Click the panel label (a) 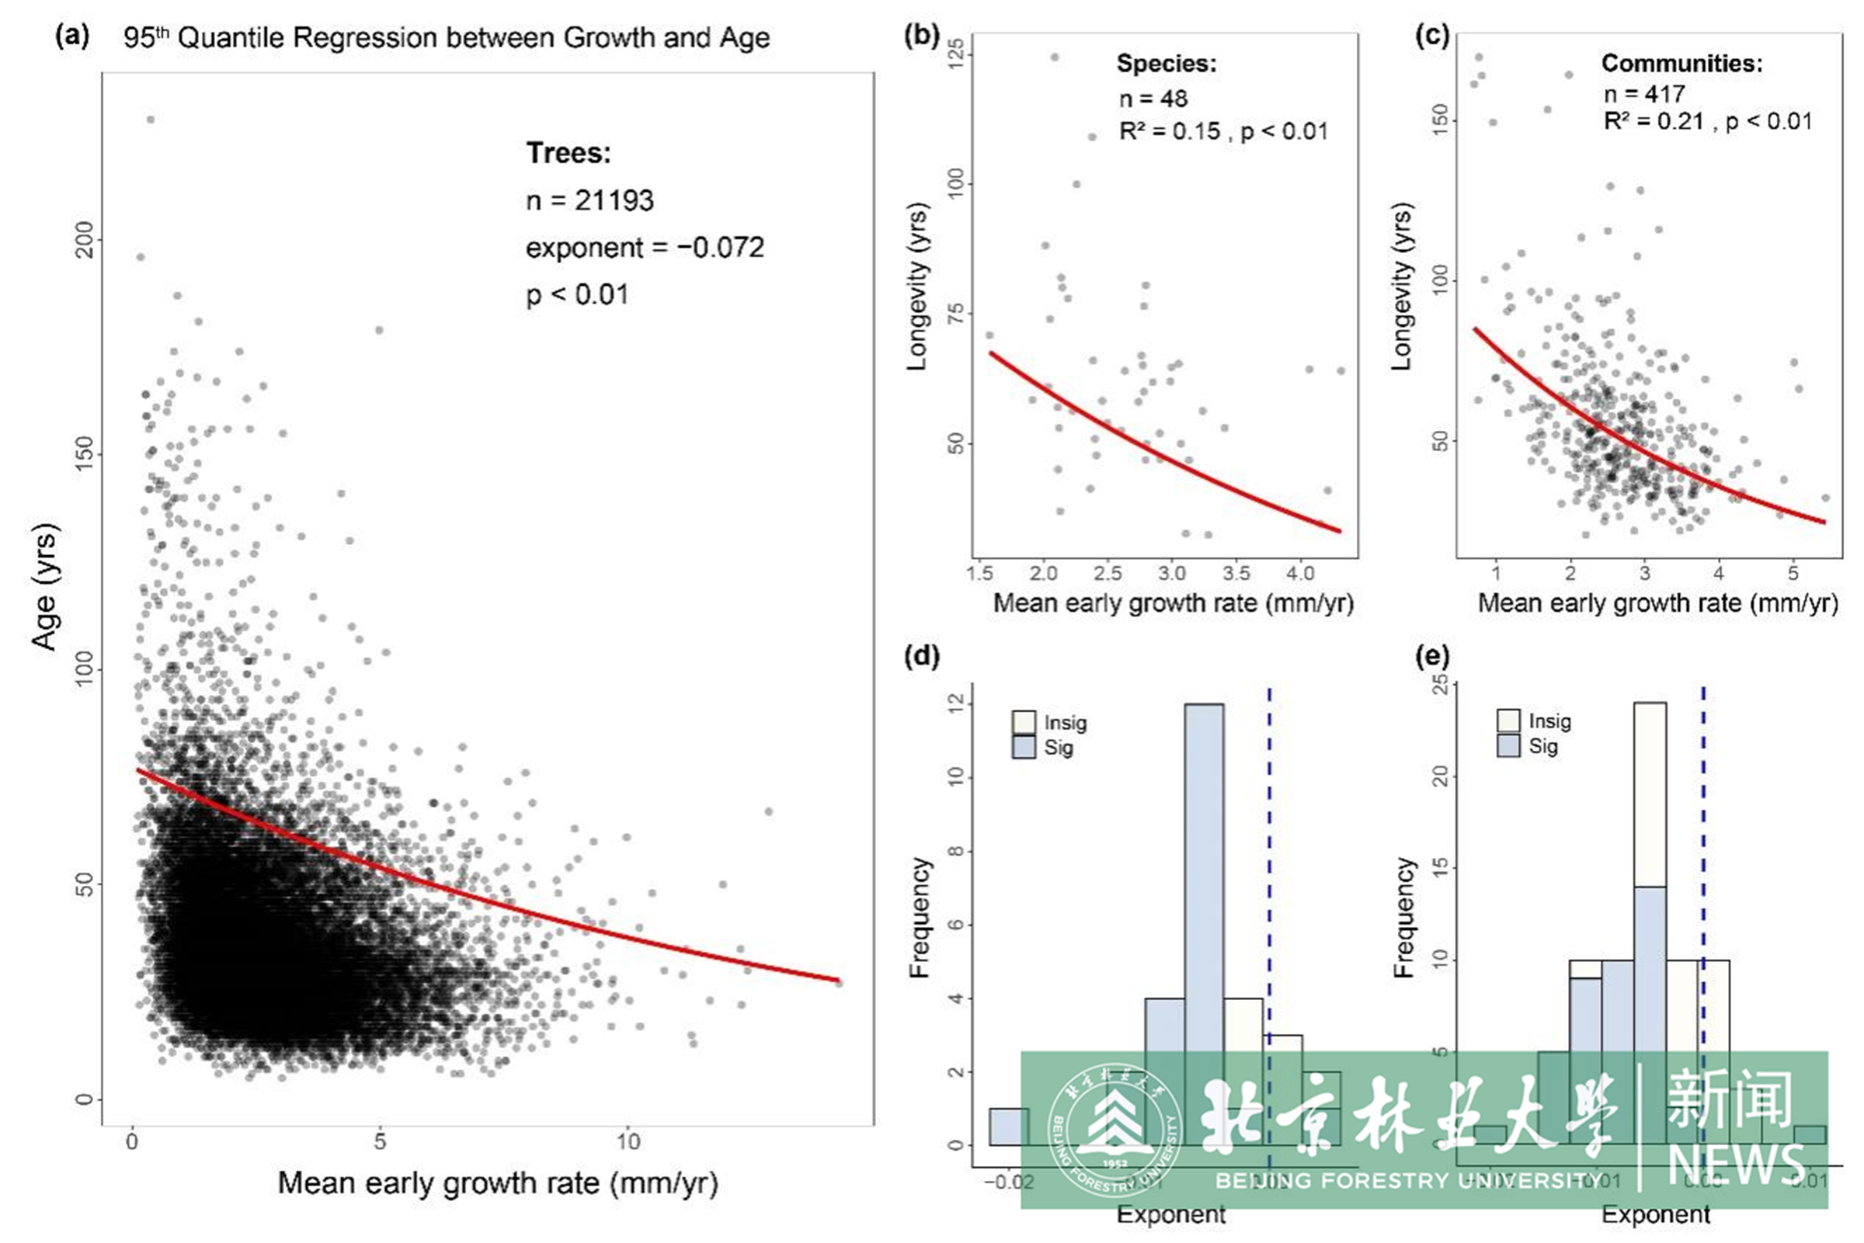pyautogui.click(x=72, y=36)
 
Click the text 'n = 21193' pyautogui.click(x=590, y=200)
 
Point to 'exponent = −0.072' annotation pyautogui.click(x=645, y=248)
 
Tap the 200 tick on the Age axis pyautogui.click(x=84, y=239)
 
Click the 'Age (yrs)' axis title pyautogui.click(x=44, y=587)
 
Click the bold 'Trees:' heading pyautogui.click(x=569, y=153)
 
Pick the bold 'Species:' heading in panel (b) pyautogui.click(x=1167, y=64)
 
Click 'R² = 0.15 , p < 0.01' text pyautogui.click(x=1223, y=130)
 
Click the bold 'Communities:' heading pyautogui.click(x=1681, y=64)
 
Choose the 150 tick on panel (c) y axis pyautogui.click(x=1441, y=120)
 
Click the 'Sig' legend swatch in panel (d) pyautogui.click(x=1024, y=747)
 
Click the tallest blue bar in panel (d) pyautogui.click(x=1204, y=872)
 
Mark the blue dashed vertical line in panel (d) pyautogui.click(x=1269, y=832)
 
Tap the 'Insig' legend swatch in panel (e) pyautogui.click(x=1508, y=720)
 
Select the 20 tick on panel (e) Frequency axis pyautogui.click(x=1441, y=776)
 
